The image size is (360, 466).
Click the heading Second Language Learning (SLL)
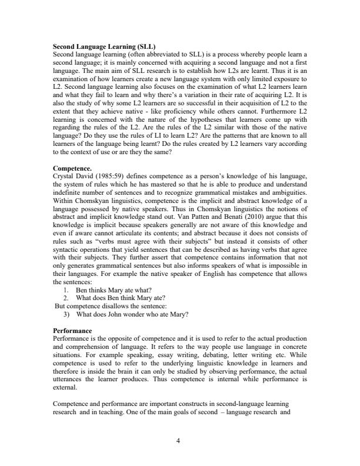coord(104,45)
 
